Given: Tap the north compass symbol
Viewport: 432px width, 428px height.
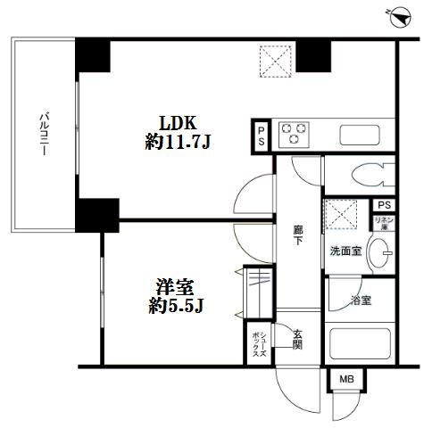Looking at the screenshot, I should [399, 16].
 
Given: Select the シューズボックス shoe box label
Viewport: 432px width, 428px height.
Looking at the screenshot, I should [255, 341].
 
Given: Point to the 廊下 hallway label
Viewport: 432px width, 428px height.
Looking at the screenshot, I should [298, 235].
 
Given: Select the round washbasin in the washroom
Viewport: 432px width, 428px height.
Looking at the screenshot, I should [381, 252].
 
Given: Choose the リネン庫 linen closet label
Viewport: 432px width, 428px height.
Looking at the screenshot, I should [385, 222].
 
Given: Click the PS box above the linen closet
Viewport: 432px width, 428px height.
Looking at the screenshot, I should [384, 205].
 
